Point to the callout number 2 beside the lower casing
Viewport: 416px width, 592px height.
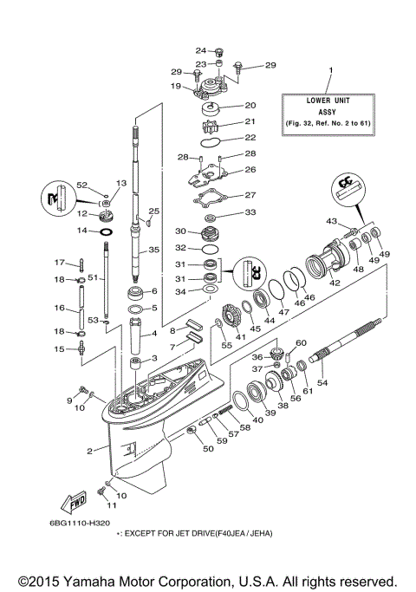click(89, 451)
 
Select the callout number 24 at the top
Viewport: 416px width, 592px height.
click(200, 50)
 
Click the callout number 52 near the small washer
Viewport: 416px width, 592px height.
click(82, 185)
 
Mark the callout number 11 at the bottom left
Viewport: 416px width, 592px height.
click(111, 504)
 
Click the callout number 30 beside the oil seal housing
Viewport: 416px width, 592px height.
click(181, 231)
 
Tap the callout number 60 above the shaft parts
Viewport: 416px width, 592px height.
click(302, 343)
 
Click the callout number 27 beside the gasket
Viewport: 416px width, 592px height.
click(250, 195)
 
